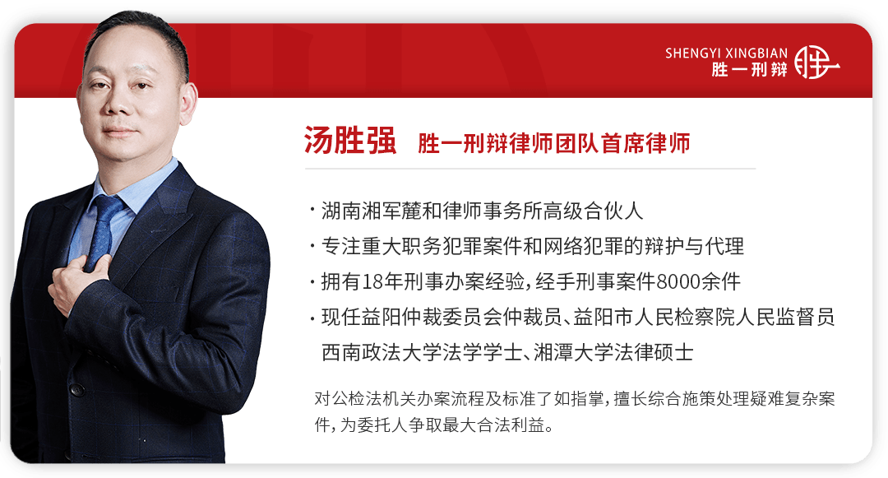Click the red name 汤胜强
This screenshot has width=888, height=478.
click(x=350, y=141)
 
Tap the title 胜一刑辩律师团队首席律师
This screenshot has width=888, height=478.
click(x=554, y=143)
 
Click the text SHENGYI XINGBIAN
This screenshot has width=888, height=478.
click(x=726, y=53)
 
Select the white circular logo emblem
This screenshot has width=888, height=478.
click(x=816, y=62)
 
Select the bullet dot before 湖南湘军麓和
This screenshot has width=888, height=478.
click(x=312, y=211)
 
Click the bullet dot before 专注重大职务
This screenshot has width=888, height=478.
click(x=312, y=246)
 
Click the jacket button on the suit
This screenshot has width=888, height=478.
click(x=76, y=390)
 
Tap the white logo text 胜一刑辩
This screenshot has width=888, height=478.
click(x=749, y=70)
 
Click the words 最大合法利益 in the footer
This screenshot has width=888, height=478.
click(x=494, y=425)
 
